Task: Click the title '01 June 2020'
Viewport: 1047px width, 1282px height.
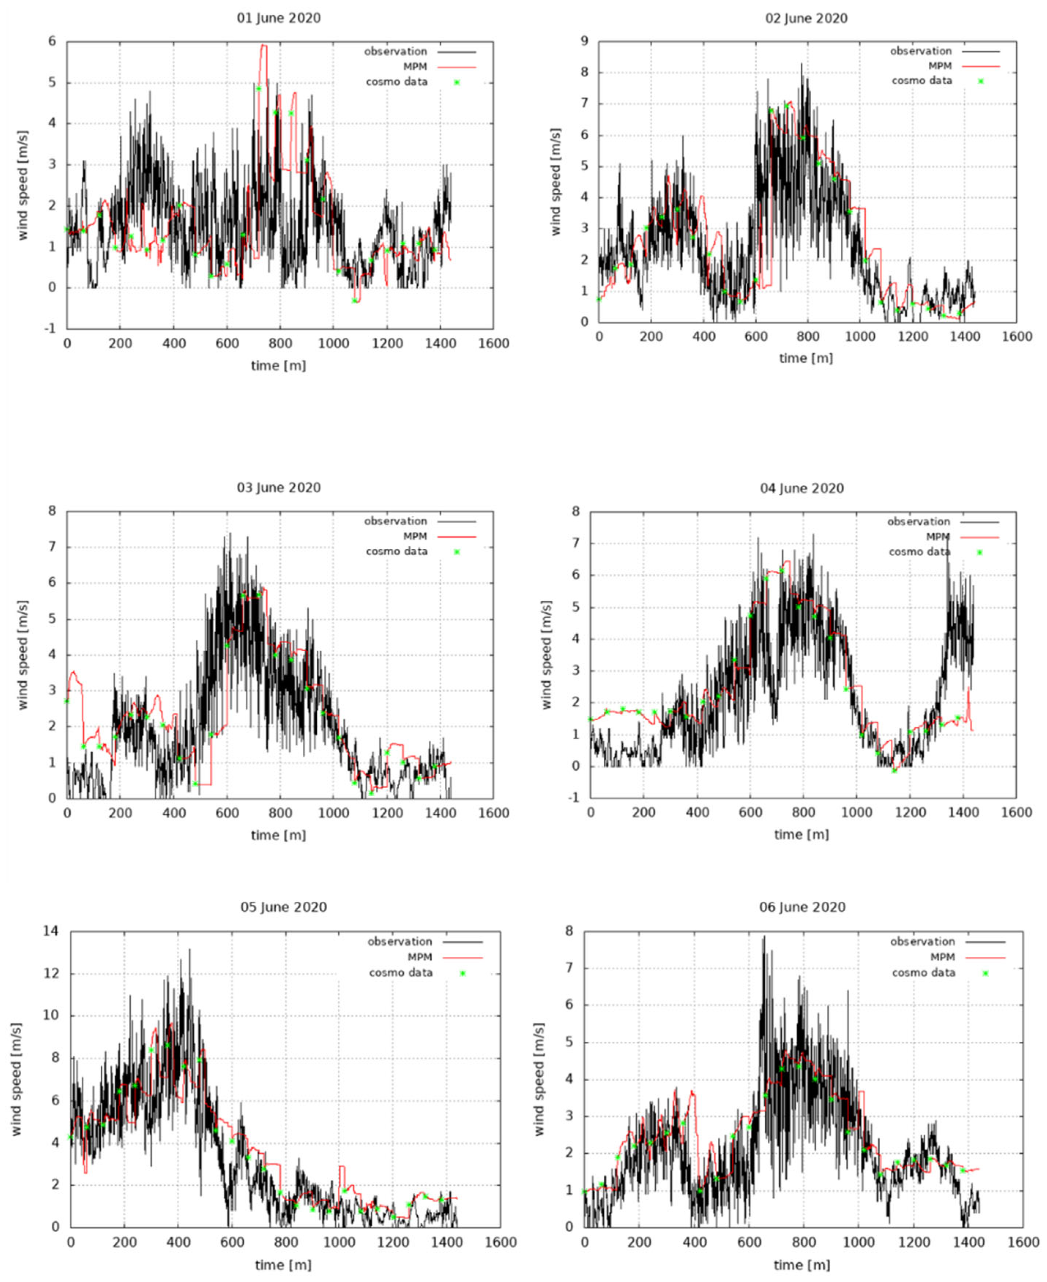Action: tap(279, 18)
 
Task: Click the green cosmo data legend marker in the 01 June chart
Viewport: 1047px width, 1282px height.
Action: tap(457, 82)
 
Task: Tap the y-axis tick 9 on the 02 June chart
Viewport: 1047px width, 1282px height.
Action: tap(584, 42)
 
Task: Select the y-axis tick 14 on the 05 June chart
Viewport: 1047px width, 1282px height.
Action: tap(51, 931)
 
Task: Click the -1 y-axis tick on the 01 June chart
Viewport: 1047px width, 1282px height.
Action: tap(51, 329)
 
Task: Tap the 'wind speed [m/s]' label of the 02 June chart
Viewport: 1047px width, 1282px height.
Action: tap(555, 182)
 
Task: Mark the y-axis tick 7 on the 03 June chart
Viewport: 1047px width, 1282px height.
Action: tap(52, 547)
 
